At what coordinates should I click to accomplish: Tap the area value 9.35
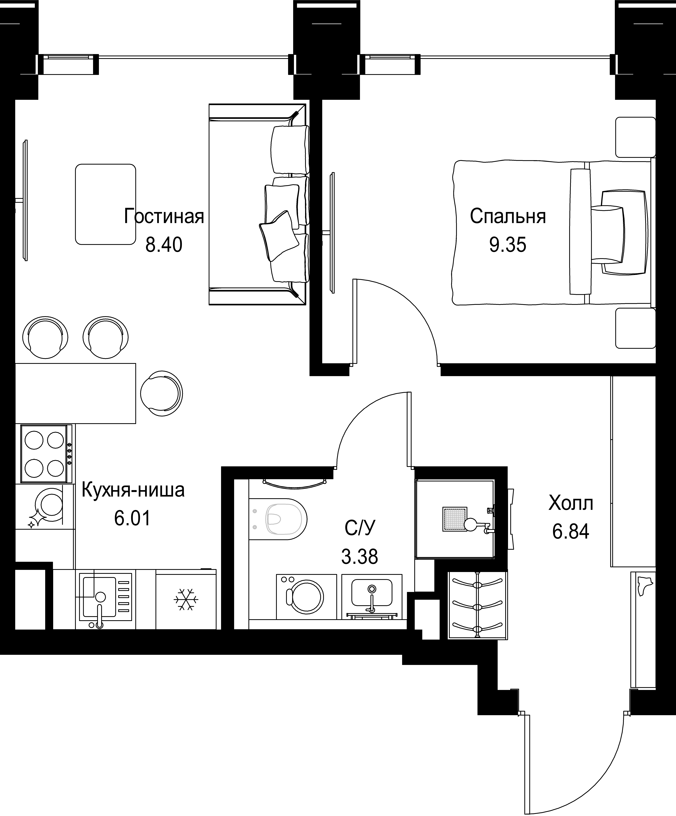508,245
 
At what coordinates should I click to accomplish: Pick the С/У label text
360,528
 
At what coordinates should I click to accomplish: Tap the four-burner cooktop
46,454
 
